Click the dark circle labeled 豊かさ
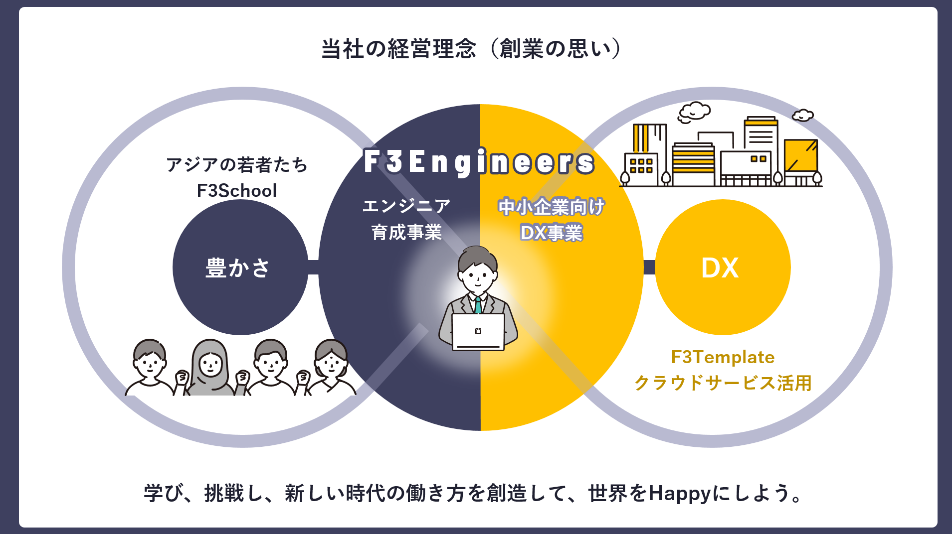[x=240, y=267]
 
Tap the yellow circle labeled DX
[x=722, y=267]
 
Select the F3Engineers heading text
[x=479, y=162]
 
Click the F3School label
[x=237, y=191]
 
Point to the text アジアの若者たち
[x=237, y=164]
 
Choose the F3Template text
[x=723, y=357]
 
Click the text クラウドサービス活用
[x=723, y=383]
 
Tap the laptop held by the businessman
[x=478, y=332]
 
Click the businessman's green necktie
[x=478, y=304]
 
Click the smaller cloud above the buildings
[x=803, y=116]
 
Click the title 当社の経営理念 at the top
[x=399, y=49]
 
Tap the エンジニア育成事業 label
[x=406, y=219]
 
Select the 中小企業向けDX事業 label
[x=551, y=219]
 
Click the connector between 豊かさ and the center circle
[x=313, y=267]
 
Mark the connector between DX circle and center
[x=649, y=267]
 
